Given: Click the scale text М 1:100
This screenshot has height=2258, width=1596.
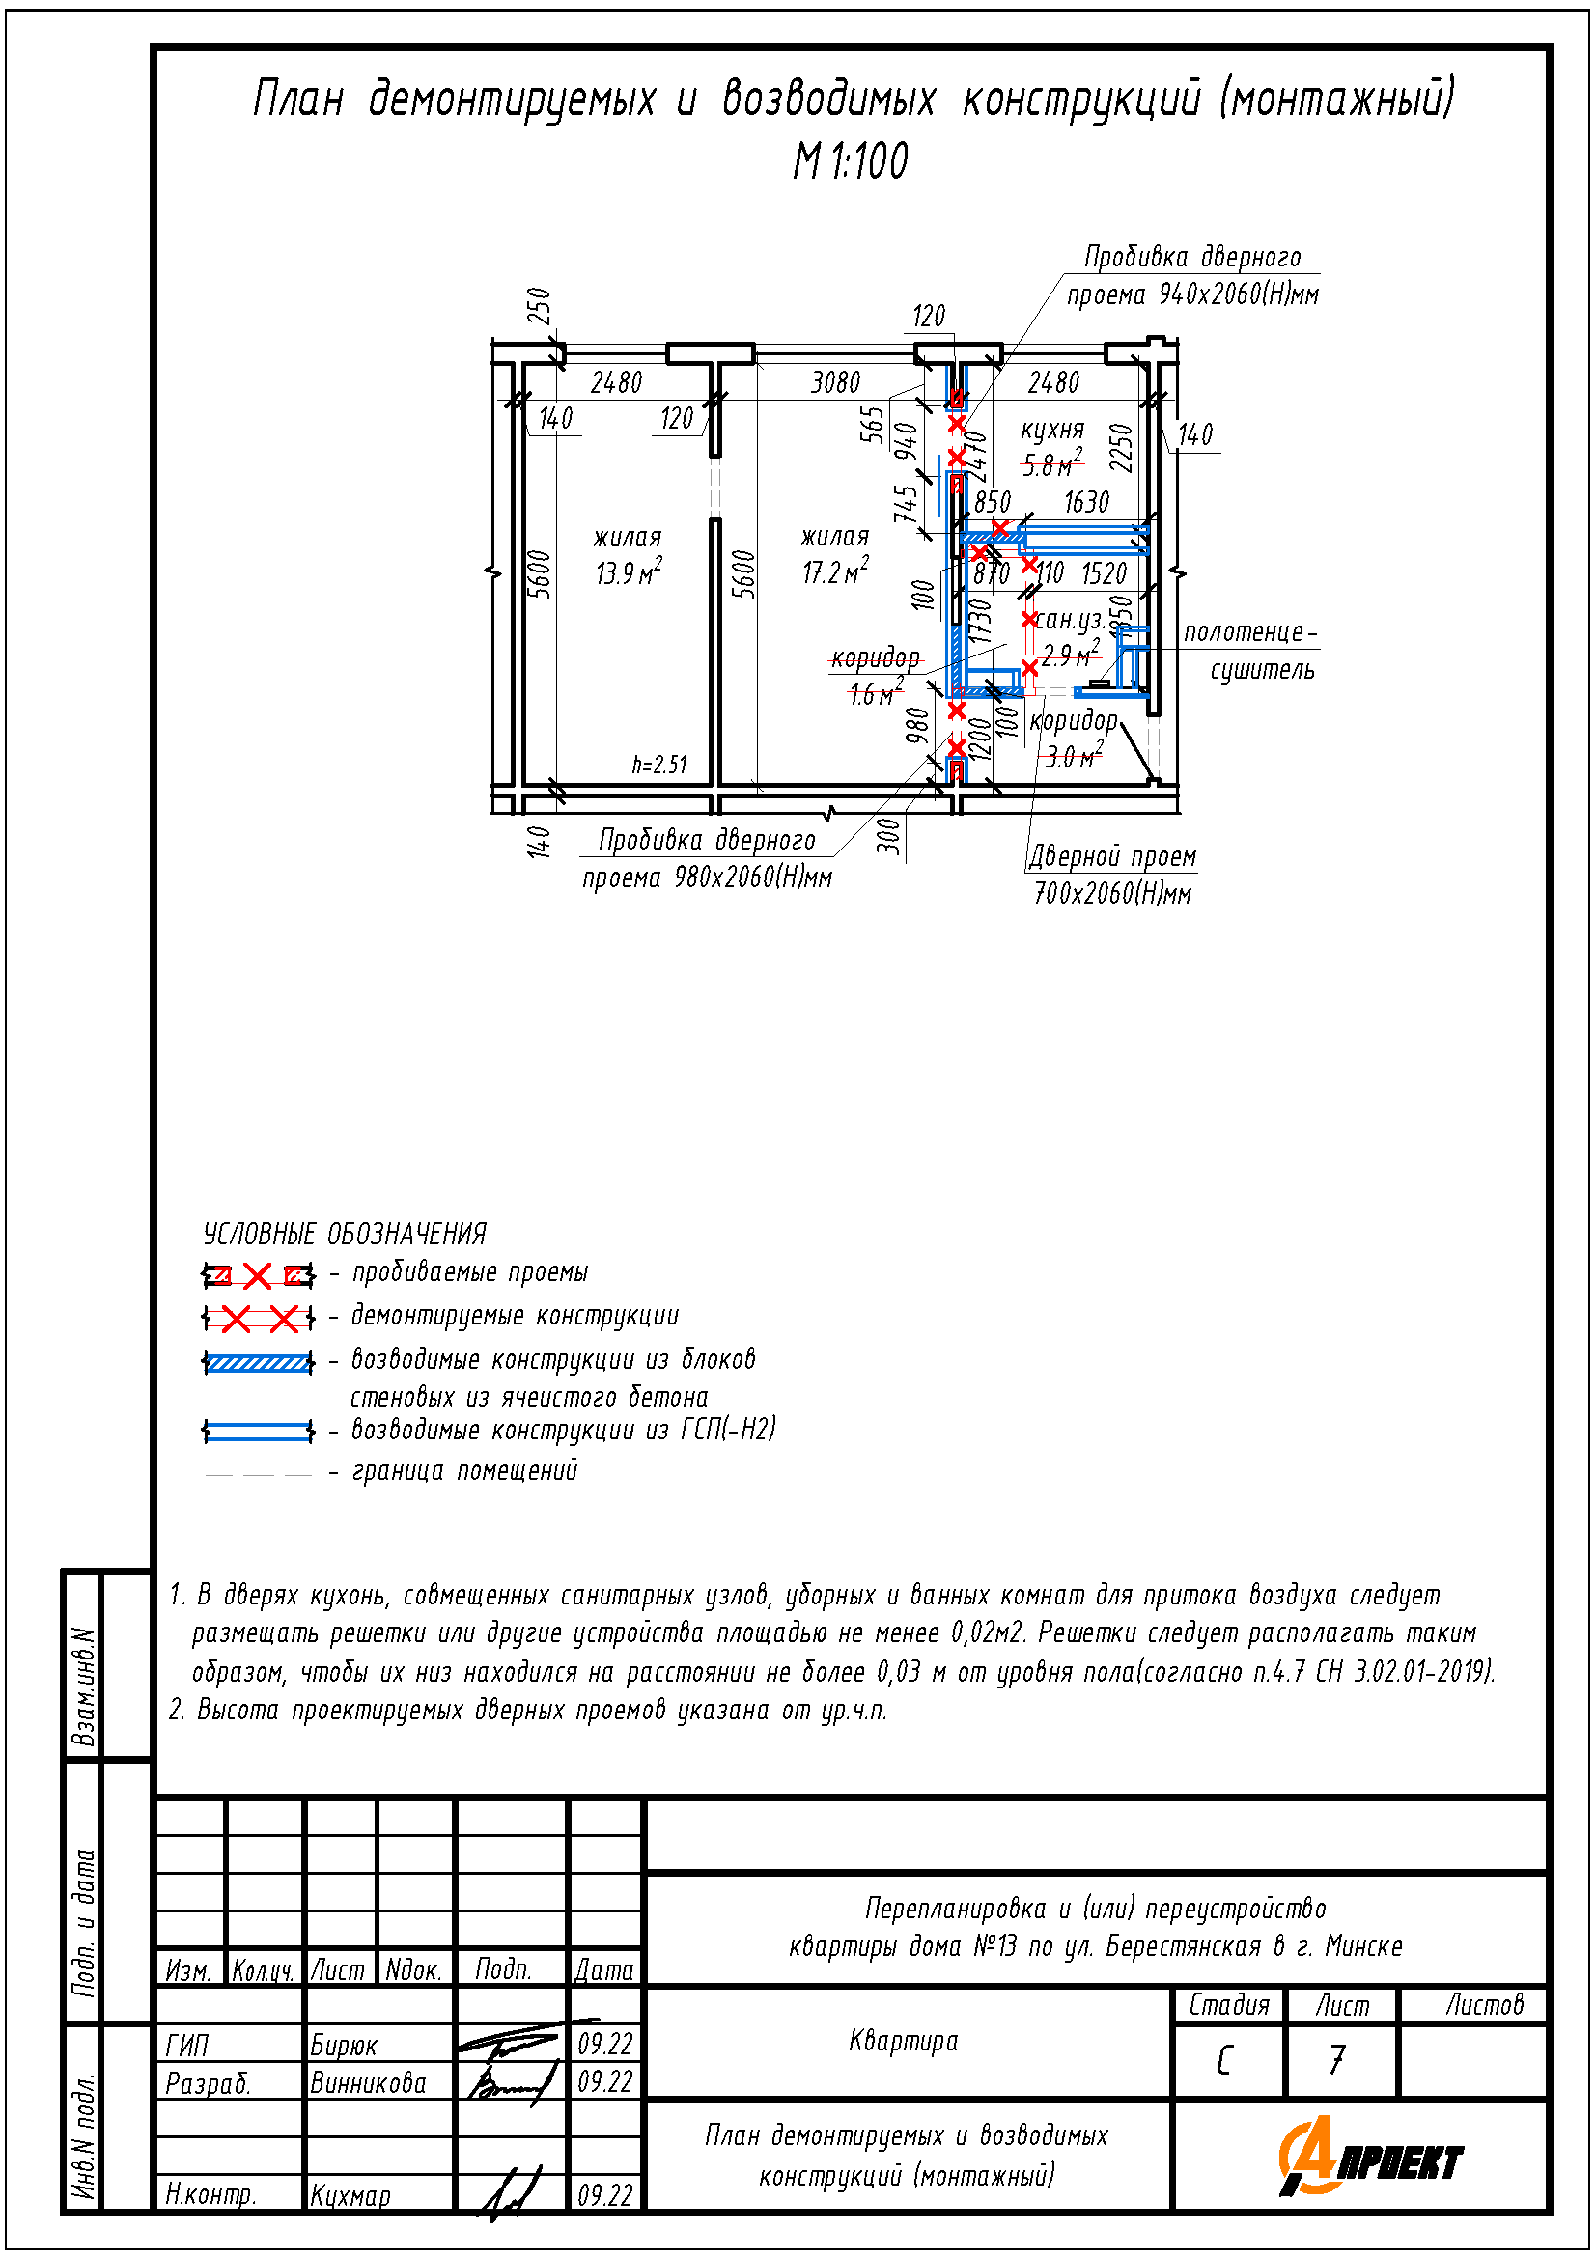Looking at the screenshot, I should click(x=851, y=160).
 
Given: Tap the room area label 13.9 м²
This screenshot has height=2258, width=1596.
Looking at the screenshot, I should click(x=628, y=572).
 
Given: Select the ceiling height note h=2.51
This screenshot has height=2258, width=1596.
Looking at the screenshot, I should click(x=658, y=765).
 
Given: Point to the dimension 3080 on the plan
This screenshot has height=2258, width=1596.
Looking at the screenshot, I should click(x=835, y=382).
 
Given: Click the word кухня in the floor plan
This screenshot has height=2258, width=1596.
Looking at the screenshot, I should click(x=1052, y=430).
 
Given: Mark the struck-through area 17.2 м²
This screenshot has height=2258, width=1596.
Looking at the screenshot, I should click(x=835, y=571).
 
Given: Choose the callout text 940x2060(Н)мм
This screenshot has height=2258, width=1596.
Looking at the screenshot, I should click(x=1238, y=294).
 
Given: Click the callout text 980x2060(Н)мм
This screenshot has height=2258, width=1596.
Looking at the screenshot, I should click(x=753, y=878).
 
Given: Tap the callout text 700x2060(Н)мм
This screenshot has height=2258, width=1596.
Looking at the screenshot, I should click(x=1112, y=893).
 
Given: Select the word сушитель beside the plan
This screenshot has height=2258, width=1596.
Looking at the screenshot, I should click(x=1262, y=670).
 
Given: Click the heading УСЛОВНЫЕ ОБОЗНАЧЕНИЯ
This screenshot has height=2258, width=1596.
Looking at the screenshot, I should click(x=344, y=1235).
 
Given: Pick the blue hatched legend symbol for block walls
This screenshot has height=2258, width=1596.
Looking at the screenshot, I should click(x=258, y=1363).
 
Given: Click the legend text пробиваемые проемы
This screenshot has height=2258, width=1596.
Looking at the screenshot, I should click(x=470, y=1272).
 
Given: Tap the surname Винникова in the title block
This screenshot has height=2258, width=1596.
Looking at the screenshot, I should click(x=368, y=2083).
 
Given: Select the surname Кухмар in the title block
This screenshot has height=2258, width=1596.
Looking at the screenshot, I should click(x=351, y=2196).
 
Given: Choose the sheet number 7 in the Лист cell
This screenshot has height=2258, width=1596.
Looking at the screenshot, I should click(x=1337, y=2060).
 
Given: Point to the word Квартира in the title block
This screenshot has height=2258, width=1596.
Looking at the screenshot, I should click(x=903, y=2041).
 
